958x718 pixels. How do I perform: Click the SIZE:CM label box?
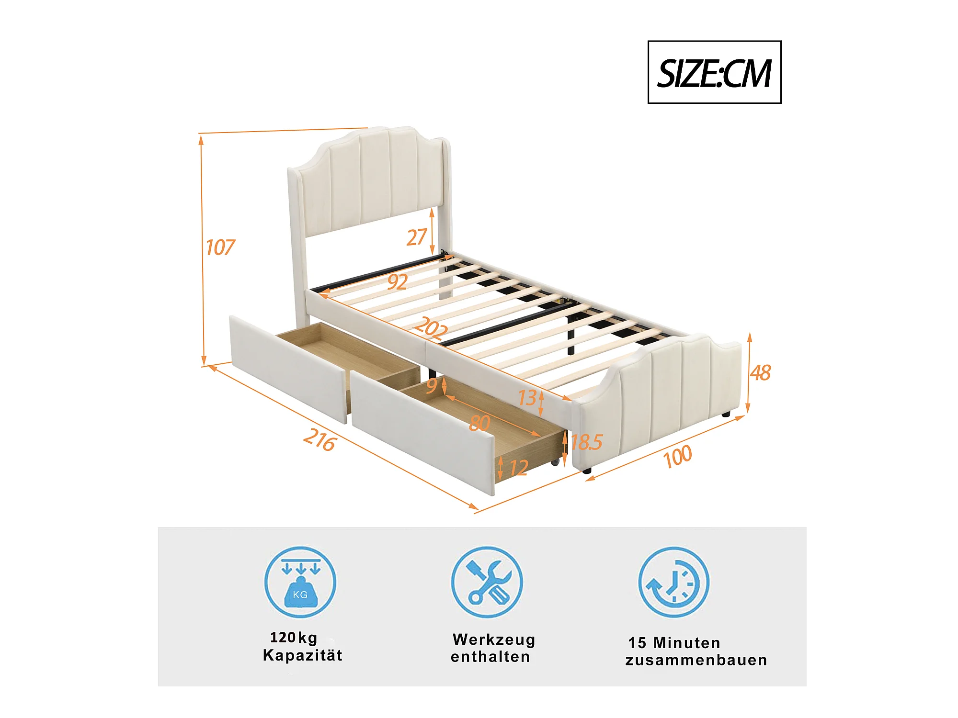click(714, 72)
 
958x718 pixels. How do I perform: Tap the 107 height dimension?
click(220, 247)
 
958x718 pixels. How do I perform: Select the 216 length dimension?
click(319, 439)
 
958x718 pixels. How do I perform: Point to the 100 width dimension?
click(677, 456)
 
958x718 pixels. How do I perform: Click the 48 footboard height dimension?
click(760, 373)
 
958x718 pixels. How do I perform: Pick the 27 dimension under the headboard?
click(416, 237)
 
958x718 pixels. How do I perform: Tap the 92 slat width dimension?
click(398, 282)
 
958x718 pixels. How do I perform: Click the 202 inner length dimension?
click(431, 328)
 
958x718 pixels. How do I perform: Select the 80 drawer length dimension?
click(479, 423)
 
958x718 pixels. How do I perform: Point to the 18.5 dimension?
click(586, 442)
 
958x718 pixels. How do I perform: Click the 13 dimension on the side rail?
click(527, 398)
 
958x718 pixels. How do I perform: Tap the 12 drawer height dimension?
click(518, 468)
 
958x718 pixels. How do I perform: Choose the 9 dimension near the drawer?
click(432, 385)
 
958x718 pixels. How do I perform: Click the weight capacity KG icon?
click(300, 582)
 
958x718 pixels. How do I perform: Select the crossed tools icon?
click(487, 582)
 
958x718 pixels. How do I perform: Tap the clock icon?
click(673, 582)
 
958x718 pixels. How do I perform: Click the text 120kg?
click(294, 638)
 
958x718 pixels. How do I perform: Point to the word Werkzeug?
click(494, 639)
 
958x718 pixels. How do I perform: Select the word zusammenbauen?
click(696, 660)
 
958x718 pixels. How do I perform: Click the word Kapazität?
click(303, 655)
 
